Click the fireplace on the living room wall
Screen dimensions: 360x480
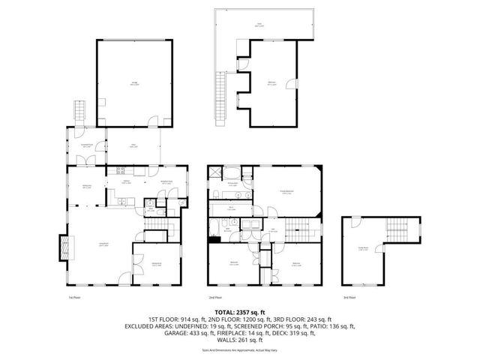pyautogui.click(x=63, y=245)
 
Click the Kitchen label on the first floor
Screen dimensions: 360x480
pyautogui.click(x=127, y=181)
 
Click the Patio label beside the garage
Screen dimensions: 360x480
pyautogui.click(x=132, y=147)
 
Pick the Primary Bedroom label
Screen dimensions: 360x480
pyautogui.click(x=286, y=192)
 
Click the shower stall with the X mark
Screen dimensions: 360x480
pyautogui.click(x=216, y=172)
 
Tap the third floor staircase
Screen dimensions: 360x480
pyautogui.click(x=396, y=229)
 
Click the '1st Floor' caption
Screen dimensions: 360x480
pyautogui.click(x=73, y=297)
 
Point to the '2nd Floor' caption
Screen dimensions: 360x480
pyautogui.click(x=214, y=297)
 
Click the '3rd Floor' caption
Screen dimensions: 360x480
pyautogui.click(x=349, y=297)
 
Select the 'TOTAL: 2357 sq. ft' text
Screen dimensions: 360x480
pyautogui.click(x=240, y=310)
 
